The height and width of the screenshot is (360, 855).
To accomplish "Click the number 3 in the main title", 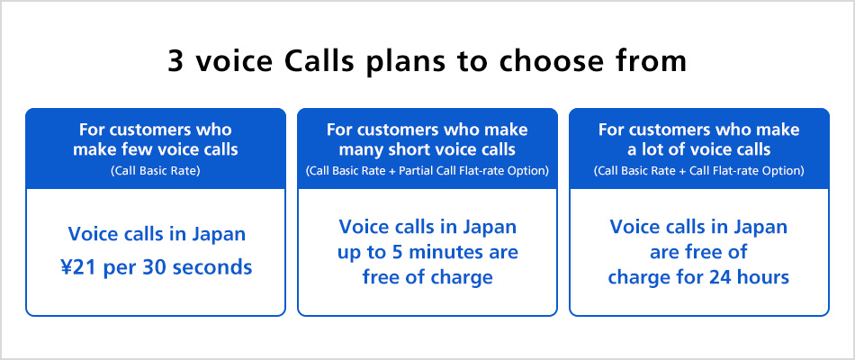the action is click(x=175, y=61).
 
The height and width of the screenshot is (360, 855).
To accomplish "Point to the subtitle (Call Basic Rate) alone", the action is click(x=156, y=171).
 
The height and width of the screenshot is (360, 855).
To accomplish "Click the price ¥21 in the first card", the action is click(x=78, y=267).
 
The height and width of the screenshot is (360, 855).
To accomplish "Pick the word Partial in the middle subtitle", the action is click(x=414, y=171).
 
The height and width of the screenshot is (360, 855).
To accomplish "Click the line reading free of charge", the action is click(x=427, y=277).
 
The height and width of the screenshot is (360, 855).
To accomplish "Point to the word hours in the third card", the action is click(x=763, y=277).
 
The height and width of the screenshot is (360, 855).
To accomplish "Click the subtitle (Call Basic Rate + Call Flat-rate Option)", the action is click(x=698, y=171).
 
